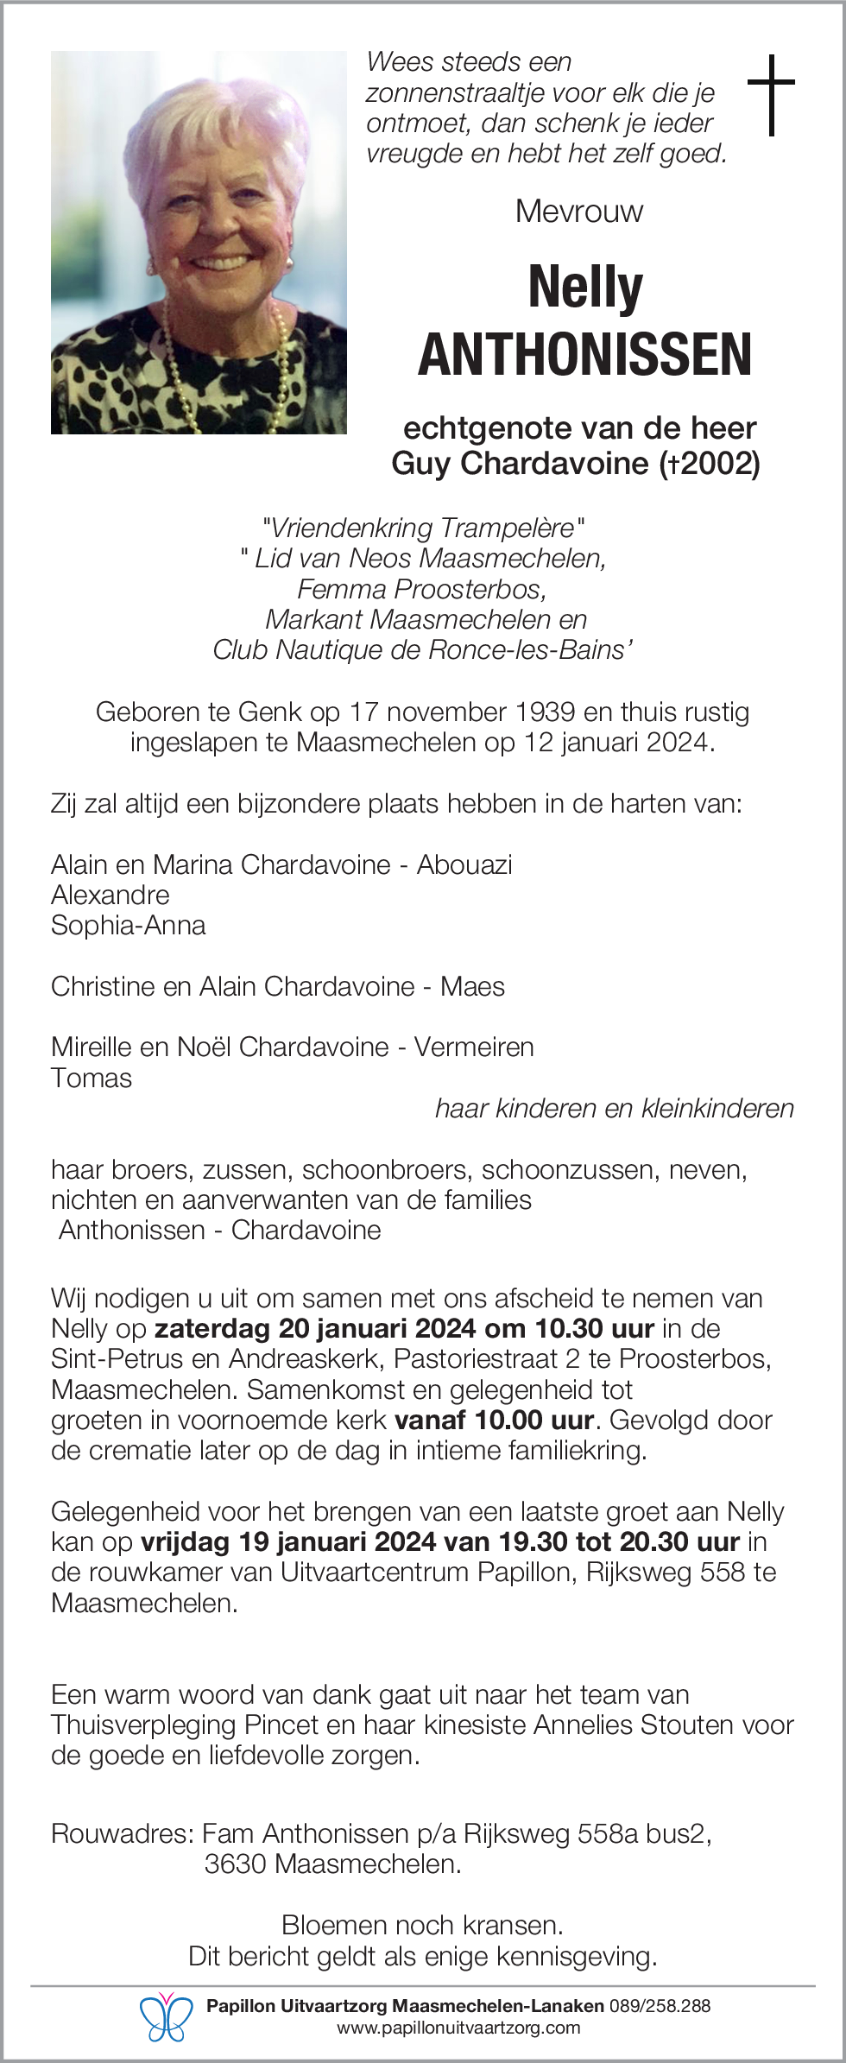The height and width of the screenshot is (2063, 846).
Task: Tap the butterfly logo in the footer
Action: click(167, 2016)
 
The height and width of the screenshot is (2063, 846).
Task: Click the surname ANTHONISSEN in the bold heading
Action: click(584, 355)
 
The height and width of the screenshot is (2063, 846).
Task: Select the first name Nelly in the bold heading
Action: click(585, 288)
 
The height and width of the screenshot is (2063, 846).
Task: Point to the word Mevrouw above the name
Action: click(579, 212)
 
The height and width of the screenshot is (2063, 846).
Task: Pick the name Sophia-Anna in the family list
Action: click(129, 926)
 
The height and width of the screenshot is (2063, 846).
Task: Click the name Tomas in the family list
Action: click(92, 1079)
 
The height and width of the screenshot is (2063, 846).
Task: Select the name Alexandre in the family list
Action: click(110, 895)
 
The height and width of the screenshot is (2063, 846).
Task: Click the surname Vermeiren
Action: click(474, 1047)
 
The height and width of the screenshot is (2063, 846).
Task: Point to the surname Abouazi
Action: click(464, 865)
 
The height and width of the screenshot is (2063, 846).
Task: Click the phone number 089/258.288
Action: click(660, 2006)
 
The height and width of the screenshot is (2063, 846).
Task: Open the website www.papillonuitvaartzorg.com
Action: click(458, 2028)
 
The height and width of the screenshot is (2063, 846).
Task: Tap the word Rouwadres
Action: click(121, 1834)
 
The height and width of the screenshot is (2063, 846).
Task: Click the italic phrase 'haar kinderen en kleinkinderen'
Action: click(614, 1109)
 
